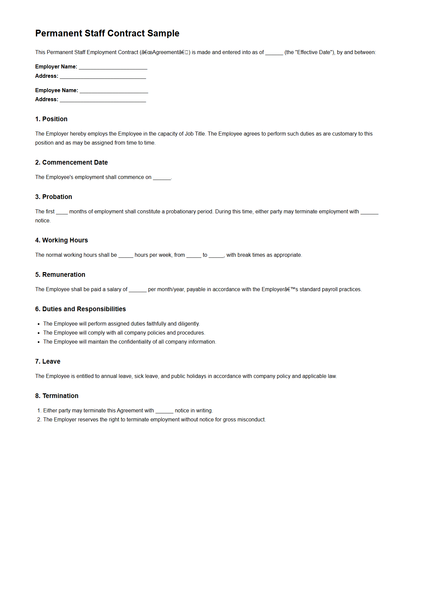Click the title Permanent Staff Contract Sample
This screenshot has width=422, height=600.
pyautogui.click(x=107, y=33)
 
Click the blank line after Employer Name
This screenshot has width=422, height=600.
pyautogui.click(x=113, y=67)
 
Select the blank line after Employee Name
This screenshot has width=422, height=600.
pyautogui.click(x=114, y=91)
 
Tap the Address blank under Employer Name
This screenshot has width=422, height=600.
pyautogui.click(x=103, y=76)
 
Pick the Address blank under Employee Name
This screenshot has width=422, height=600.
pyautogui.click(x=103, y=100)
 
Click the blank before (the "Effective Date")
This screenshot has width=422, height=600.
pyautogui.click(x=274, y=53)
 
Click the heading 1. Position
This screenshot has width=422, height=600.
pyautogui.click(x=51, y=119)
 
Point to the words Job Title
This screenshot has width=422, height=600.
pyautogui.click(x=195, y=134)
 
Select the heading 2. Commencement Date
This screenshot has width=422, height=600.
pyautogui.click(x=72, y=163)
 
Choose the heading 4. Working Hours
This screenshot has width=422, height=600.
pyautogui.click(x=61, y=240)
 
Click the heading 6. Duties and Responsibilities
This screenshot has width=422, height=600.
pyautogui.click(x=81, y=309)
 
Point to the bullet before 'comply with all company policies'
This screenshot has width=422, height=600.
pyautogui.click(x=39, y=333)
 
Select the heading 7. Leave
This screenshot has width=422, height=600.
pyautogui.click(x=48, y=362)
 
